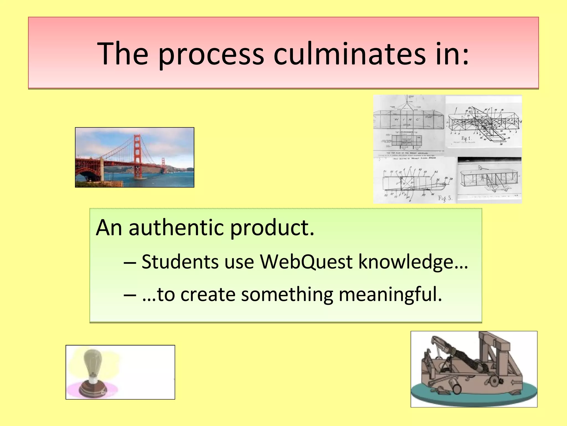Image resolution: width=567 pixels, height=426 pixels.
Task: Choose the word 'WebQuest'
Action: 306,262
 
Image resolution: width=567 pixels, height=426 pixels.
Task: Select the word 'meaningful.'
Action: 391,295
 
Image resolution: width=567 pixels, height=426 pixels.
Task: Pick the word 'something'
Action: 287,295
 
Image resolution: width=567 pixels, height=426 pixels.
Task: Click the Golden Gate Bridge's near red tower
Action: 138,155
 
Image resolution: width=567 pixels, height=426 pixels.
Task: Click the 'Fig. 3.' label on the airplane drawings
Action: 445,198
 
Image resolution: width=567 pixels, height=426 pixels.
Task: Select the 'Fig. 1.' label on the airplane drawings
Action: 466,138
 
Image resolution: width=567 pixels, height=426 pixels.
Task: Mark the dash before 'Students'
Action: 130,262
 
